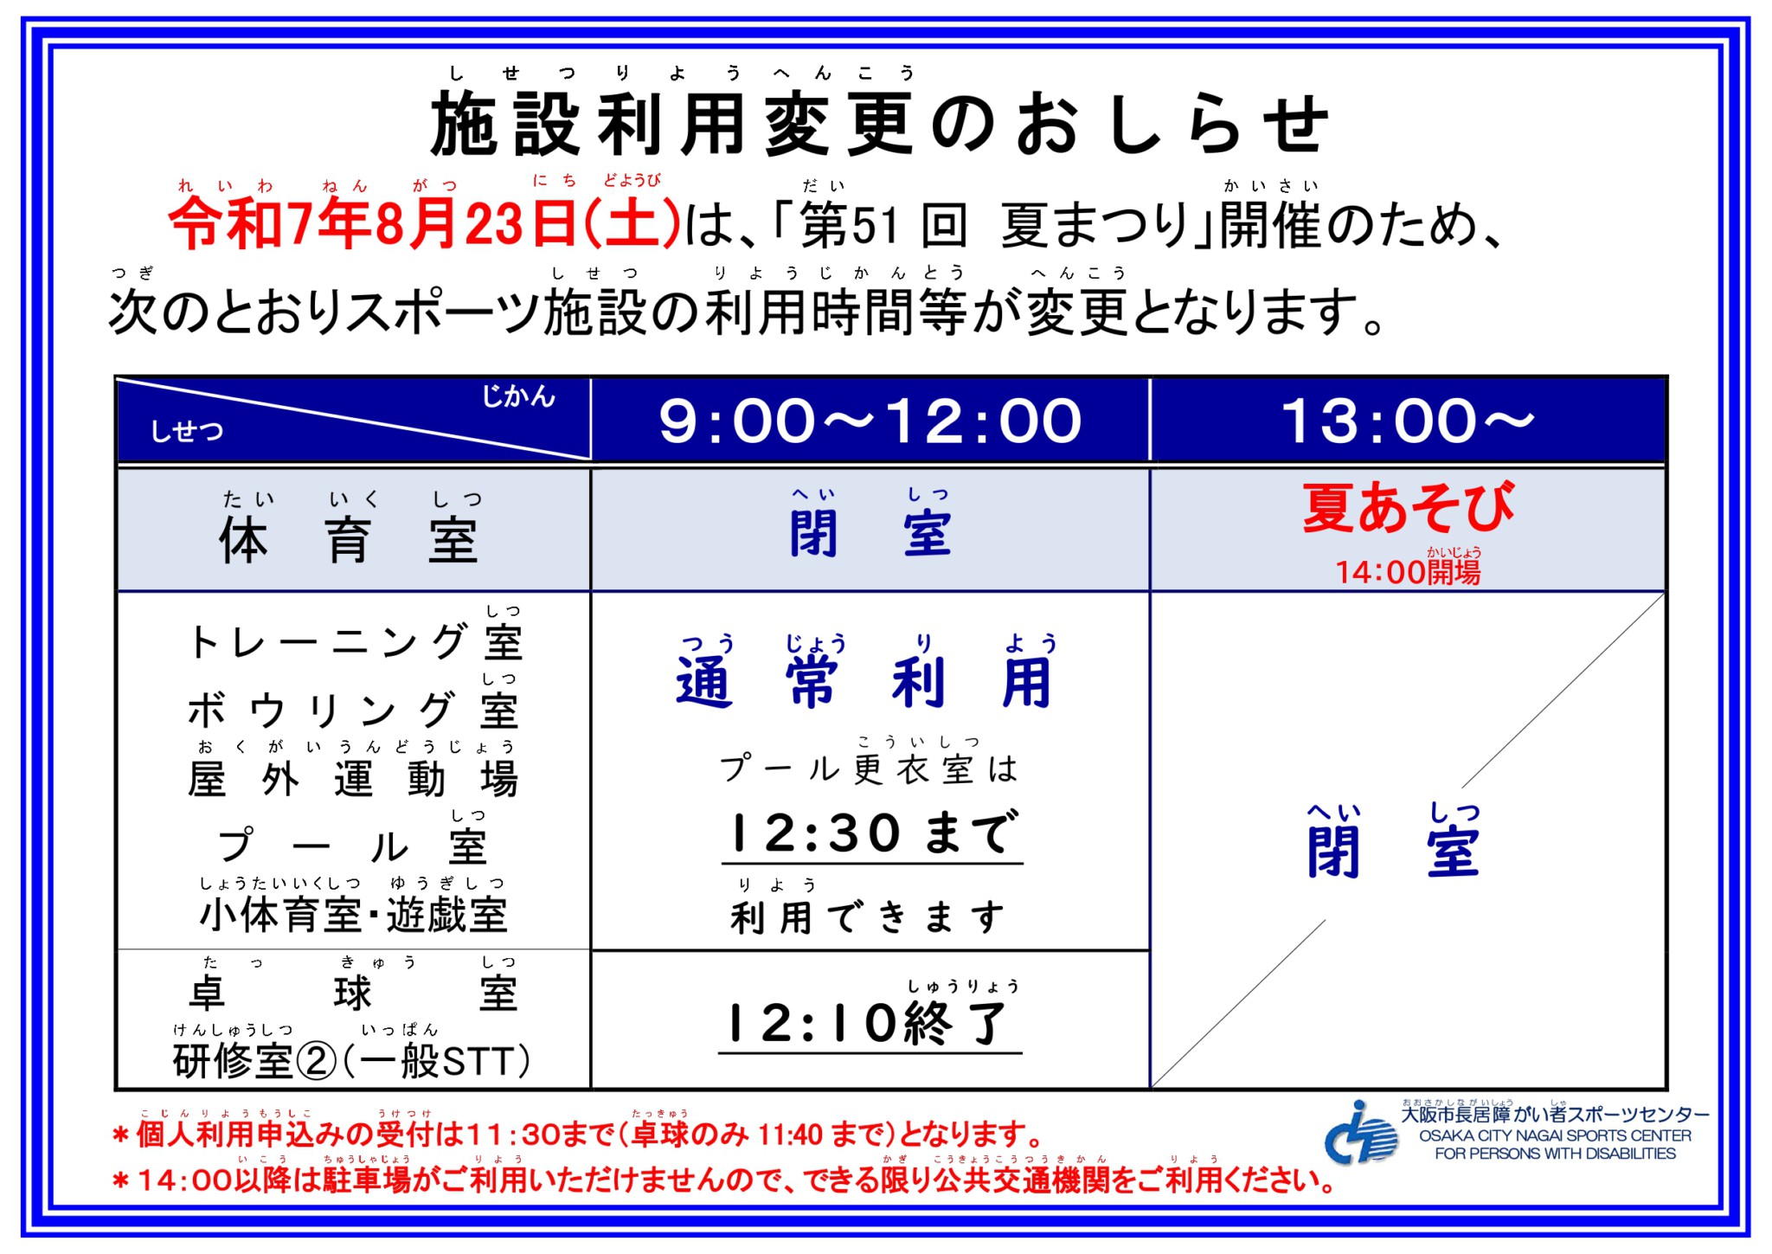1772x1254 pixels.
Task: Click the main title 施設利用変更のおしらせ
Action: tap(879, 125)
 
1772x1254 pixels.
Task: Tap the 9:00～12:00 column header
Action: tap(870, 421)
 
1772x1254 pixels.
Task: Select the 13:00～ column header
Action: tap(1408, 421)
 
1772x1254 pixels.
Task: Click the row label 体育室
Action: tap(348, 541)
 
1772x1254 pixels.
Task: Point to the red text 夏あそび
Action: tap(1408, 507)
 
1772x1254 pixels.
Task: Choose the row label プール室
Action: tap(353, 846)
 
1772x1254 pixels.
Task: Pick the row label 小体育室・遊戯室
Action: tap(353, 915)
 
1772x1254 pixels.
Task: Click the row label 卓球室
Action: tap(353, 993)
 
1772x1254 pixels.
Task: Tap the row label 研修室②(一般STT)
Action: tap(351, 1061)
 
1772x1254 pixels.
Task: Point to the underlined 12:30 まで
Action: tap(872, 833)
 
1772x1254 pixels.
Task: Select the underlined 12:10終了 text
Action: tap(870, 1023)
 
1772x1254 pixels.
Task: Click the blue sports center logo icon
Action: tap(1361, 1132)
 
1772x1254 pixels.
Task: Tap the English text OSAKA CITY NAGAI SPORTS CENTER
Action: tap(1555, 1135)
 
